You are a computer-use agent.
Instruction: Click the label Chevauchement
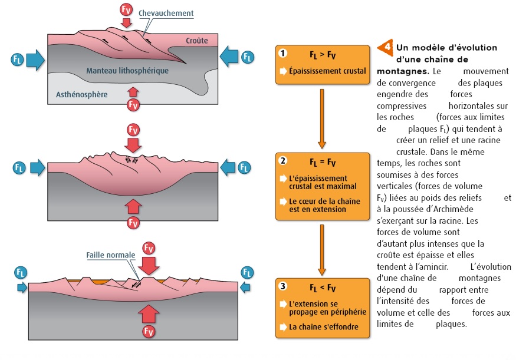point(166,13)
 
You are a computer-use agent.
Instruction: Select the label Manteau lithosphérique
point(127,70)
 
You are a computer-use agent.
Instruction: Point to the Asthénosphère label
point(81,94)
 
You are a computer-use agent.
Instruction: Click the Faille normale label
point(111,256)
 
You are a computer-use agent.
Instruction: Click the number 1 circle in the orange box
point(283,54)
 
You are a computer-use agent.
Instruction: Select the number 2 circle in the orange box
point(283,160)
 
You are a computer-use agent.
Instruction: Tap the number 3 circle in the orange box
point(283,287)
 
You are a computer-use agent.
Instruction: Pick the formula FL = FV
point(323,161)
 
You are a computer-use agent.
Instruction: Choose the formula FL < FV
point(323,288)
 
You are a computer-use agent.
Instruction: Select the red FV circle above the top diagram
point(126,9)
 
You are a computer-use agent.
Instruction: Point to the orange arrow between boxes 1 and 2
point(322,118)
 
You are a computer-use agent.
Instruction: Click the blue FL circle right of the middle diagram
point(244,168)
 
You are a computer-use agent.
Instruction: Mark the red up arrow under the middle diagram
point(134,206)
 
